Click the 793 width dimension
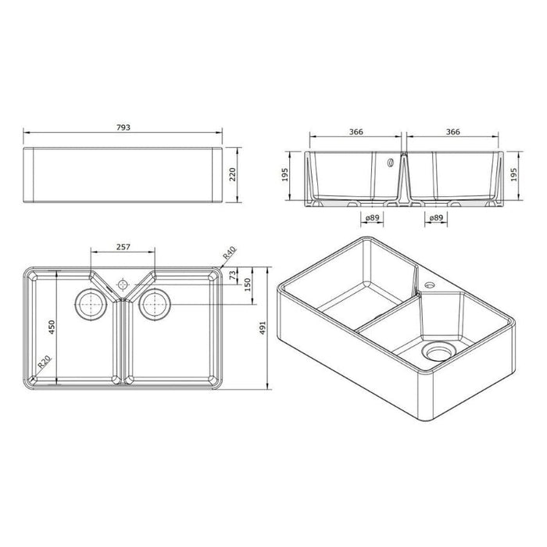click(x=123, y=126)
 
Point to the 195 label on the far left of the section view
click(x=285, y=177)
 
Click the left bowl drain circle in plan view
click(x=91, y=303)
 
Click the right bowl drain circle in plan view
click(x=153, y=303)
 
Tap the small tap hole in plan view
click(x=122, y=280)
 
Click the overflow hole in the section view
click(x=388, y=164)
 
